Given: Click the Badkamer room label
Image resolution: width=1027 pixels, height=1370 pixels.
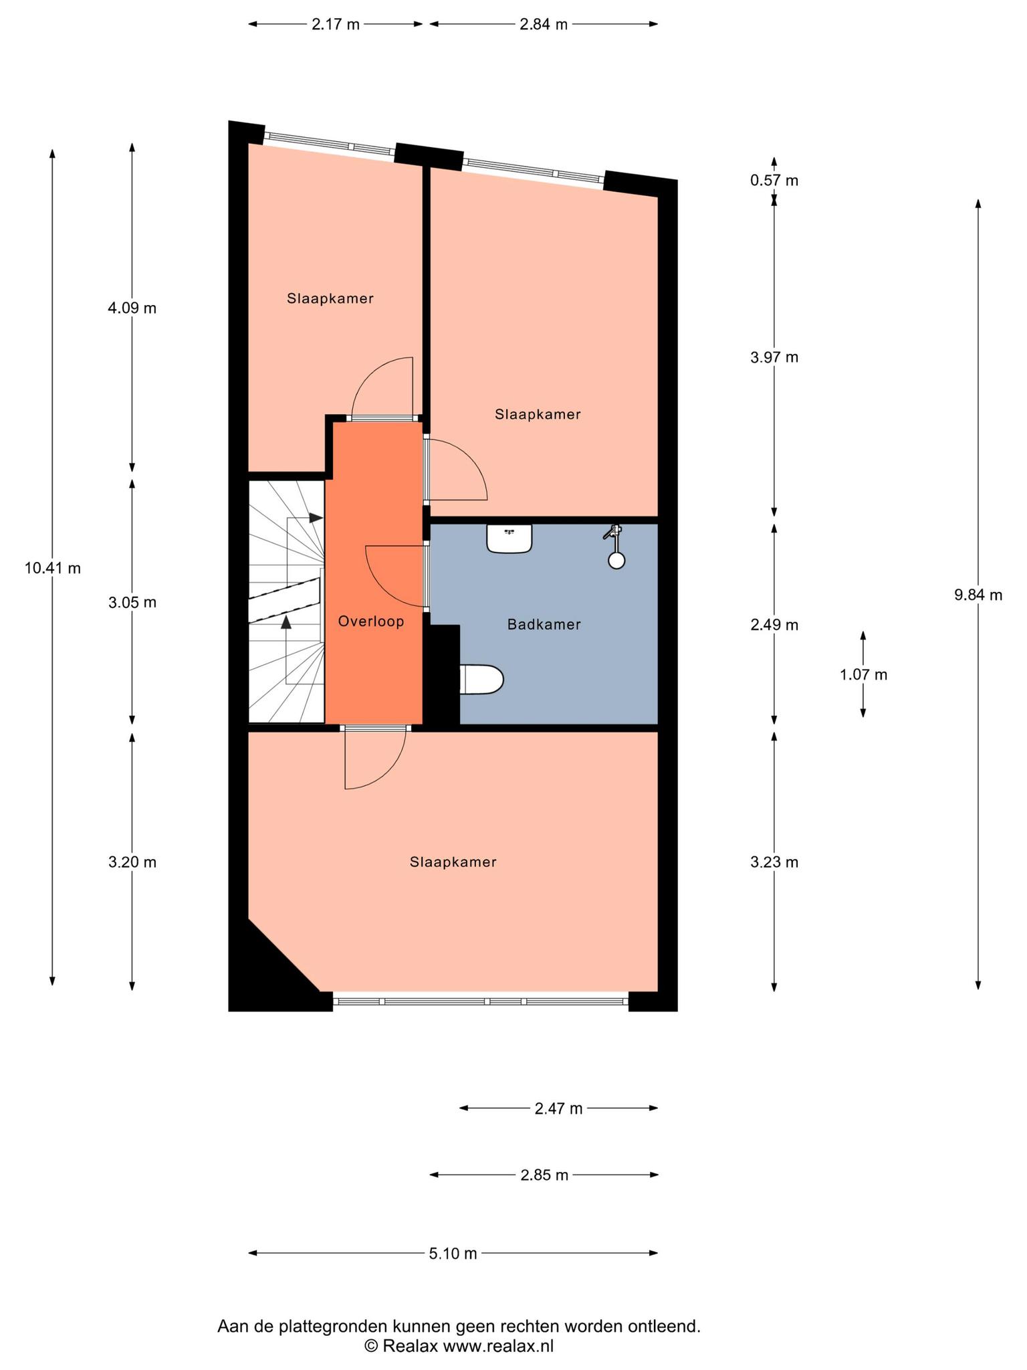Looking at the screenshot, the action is [544, 625].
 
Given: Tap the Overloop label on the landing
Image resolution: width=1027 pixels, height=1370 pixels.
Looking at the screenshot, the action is [371, 621].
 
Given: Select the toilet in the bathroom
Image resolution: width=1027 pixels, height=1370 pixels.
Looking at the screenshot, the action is [481, 680].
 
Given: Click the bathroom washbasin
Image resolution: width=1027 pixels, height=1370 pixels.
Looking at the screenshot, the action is [509, 539].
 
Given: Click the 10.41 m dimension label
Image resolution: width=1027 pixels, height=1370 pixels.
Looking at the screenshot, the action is [53, 569].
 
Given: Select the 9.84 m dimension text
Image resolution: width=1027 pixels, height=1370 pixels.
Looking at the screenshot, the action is [978, 595].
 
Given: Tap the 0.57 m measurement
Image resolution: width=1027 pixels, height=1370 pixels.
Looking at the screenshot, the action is [774, 181].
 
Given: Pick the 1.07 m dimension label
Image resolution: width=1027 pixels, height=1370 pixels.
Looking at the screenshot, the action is [863, 674].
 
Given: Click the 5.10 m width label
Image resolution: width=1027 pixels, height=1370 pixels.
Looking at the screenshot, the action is [453, 1253].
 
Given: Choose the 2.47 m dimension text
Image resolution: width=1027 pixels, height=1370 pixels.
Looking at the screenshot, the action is [558, 1108].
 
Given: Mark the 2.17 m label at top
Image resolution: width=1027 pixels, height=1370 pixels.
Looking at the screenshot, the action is [336, 25].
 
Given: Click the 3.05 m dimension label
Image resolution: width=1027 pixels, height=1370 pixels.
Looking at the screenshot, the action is [132, 603].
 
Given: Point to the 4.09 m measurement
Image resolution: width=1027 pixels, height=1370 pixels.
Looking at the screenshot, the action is [132, 308].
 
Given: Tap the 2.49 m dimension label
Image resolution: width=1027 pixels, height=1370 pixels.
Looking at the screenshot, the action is [774, 625].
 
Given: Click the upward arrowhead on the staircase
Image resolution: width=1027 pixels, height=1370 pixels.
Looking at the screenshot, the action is [286, 623].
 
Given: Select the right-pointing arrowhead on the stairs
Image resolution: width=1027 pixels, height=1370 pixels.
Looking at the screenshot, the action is [316, 518].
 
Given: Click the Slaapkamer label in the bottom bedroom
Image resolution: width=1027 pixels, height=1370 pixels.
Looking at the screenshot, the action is [453, 862].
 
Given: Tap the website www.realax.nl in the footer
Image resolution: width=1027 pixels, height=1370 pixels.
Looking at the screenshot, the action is [498, 1346].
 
